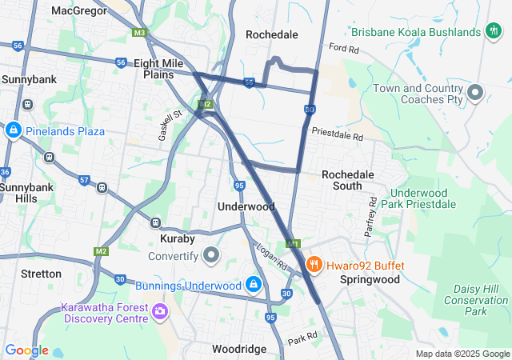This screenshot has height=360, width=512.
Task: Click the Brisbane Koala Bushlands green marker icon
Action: [493, 31]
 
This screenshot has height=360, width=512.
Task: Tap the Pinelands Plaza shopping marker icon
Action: [13, 130]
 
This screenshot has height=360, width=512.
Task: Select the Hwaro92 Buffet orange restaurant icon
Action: [314, 265]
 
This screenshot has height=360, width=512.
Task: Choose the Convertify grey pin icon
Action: [211, 256]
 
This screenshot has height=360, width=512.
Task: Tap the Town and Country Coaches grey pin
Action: [475, 94]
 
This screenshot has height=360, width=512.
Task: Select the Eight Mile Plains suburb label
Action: [158, 69]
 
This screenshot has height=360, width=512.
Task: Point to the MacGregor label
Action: [79, 10]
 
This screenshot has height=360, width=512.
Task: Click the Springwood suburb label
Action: [369, 280]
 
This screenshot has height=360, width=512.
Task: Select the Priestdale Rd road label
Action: [338, 134]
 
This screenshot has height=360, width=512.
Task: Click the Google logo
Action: [26, 350]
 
